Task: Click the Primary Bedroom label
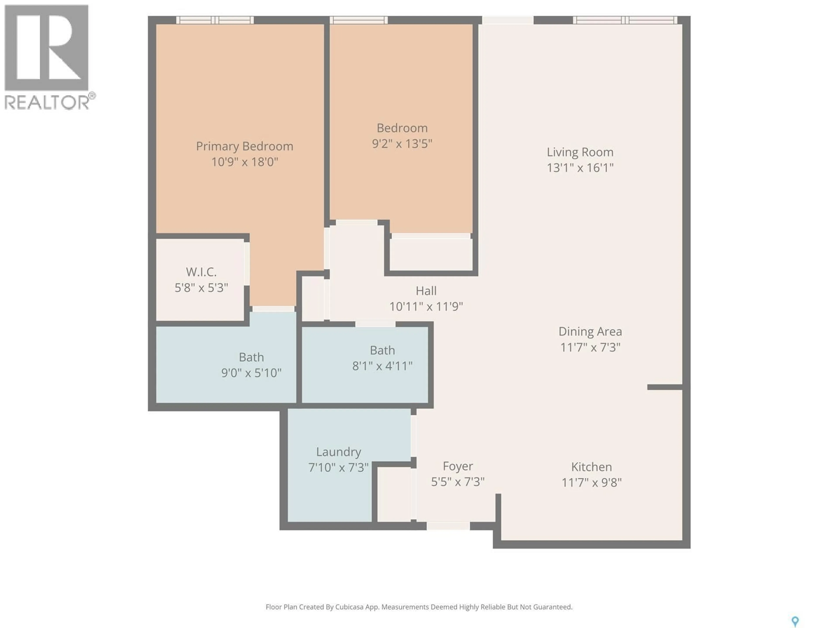pyautogui.click(x=244, y=146)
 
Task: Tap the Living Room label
pyautogui.click(x=580, y=152)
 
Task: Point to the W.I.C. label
pyautogui.click(x=201, y=272)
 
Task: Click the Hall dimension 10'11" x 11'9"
pyautogui.click(x=426, y=306)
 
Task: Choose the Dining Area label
pyautogui.click(x=590, y=332)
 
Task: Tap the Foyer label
pyautogui.click(x=458, y=466)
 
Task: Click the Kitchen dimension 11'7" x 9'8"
pyautogui.click(x=591, y=483)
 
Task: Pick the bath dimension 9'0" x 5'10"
pyautogui.click(x=251, y=373)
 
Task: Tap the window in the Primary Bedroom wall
pyautogui.click(x=215, y=20)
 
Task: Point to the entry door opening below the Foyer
pyautogui.click(x=448, y=526)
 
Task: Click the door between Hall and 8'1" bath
pyautogui.click(x=375, y=324)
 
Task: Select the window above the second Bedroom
pyautogui.click(x=358, y=20)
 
